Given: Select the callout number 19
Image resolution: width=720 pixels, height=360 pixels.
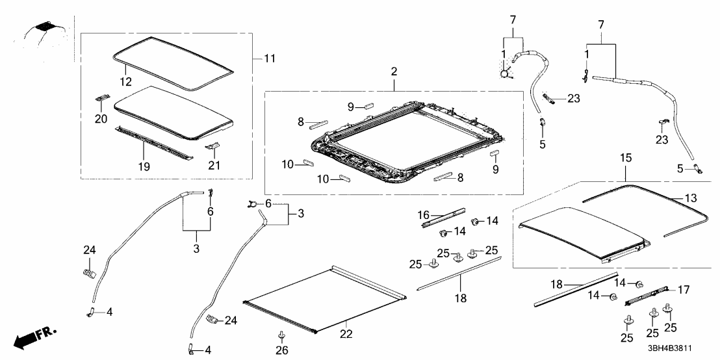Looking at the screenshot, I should pyautogui.click(x=144, y=166).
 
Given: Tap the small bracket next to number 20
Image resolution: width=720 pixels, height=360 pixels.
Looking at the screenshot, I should pyautogui.click(x=101, y=97).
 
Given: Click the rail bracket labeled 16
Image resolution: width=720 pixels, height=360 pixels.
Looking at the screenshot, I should pyautogui.click(x=444, y=217).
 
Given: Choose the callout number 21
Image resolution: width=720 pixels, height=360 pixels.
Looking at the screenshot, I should pyautogui.click(x=214, y=166).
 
